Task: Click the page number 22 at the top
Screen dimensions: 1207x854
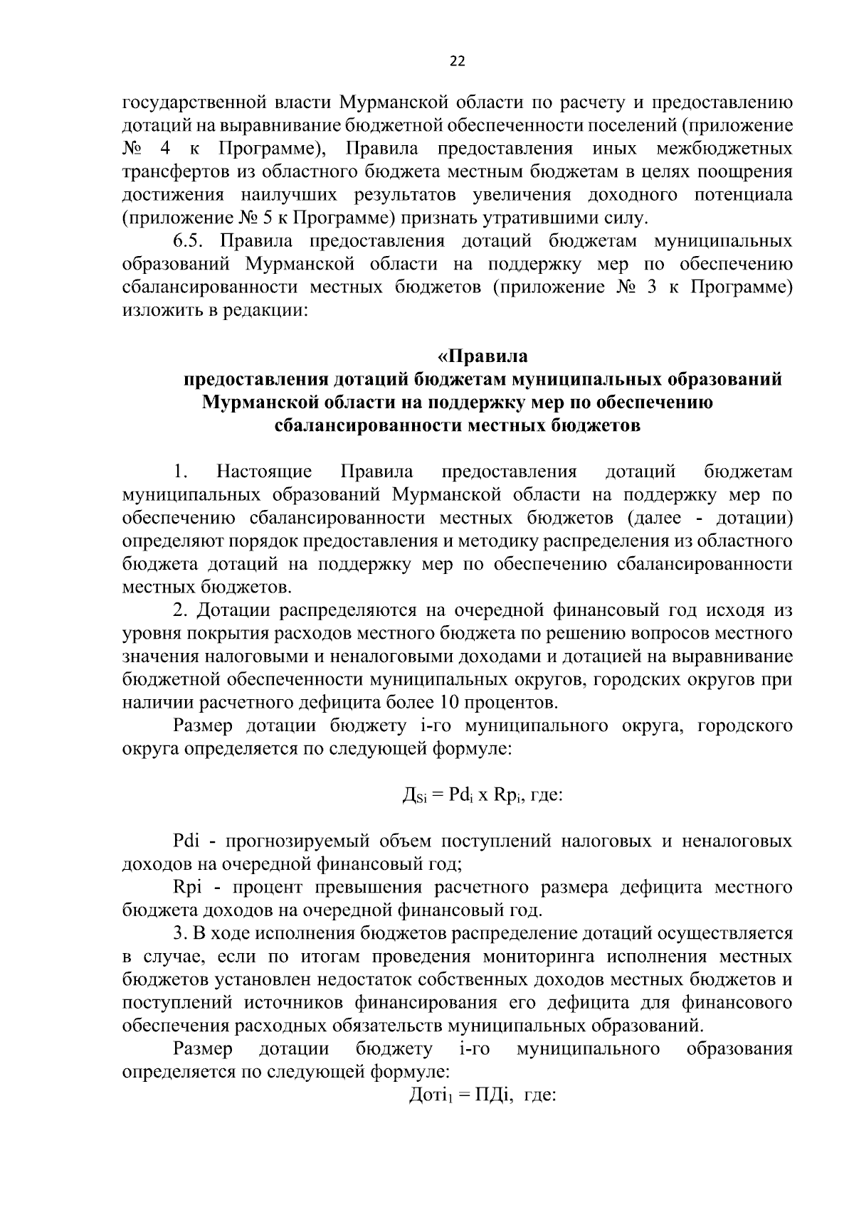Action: (x=457, y=62)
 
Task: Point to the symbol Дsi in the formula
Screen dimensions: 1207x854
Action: (x=412, y=794)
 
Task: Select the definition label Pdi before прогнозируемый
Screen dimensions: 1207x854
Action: (x=189, y=841)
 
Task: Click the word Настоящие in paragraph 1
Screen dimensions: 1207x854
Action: (x=264, y=472)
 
